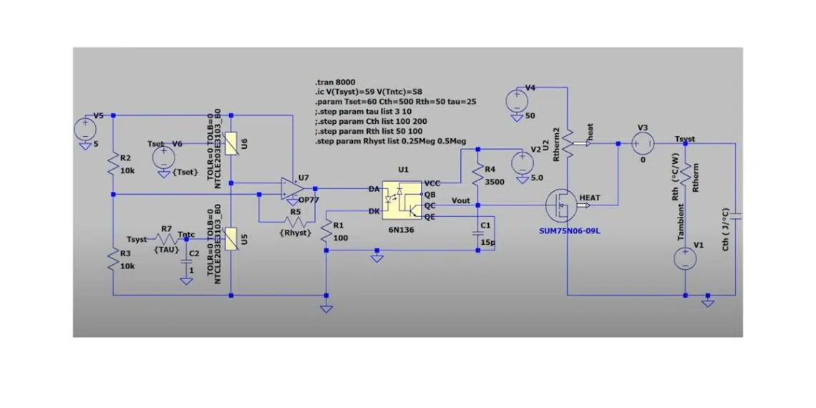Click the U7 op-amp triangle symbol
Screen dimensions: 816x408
pos(292,188)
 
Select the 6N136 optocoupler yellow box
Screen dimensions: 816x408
pos(402,200)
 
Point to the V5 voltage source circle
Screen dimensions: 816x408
pos(84,128)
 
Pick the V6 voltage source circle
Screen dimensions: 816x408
pos(163,155)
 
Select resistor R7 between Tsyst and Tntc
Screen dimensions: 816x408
pos(167,239)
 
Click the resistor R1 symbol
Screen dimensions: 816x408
pos(326,232)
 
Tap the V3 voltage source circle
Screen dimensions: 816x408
pos(642,144)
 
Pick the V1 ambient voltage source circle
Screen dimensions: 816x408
pos(686,258)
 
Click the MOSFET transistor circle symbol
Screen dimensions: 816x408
pos(561,205)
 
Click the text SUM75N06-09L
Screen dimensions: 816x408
pos(570,230)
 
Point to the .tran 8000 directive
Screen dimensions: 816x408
pos(334,83)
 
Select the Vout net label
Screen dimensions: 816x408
pos(462,200)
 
